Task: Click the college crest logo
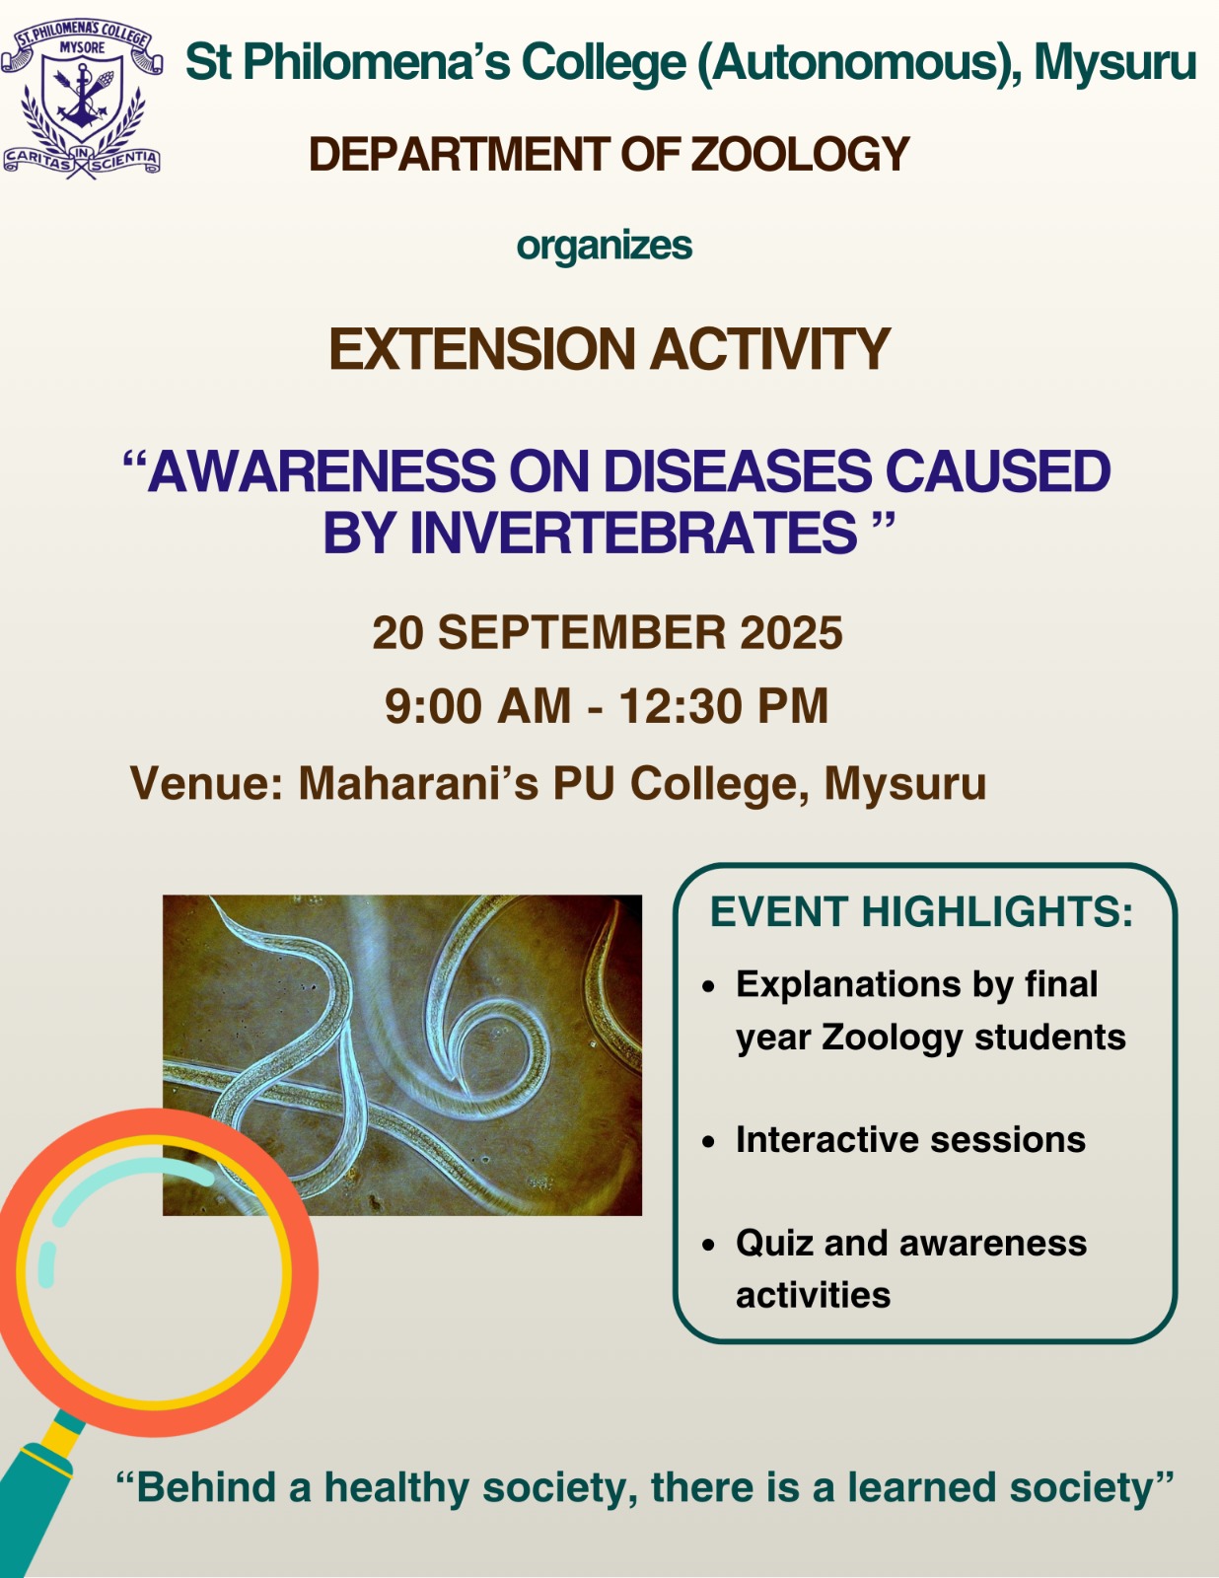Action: click(x=81, y=99)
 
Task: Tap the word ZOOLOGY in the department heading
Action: click(x=800, y=155)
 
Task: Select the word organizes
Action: click(x=604, y=246)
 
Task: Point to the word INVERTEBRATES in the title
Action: click(x=633, y=533)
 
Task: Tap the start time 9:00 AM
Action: click(x=477, y=706)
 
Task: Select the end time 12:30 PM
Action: click(x=723, y=706)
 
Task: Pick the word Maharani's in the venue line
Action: click(x=419, y=783)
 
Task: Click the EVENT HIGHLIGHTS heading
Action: click(x=921, y=912)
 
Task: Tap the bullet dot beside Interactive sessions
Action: click(x=709, y=1141)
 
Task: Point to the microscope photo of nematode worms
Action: click(x=402, y=1054)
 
